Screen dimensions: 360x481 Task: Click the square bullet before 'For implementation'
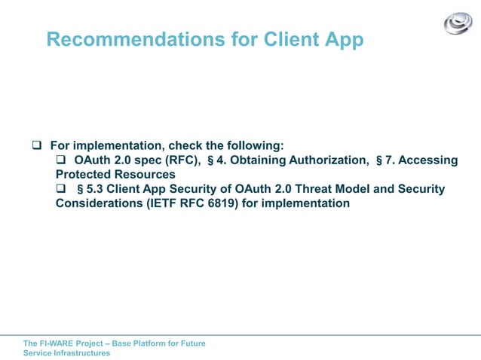[x=35, y=145]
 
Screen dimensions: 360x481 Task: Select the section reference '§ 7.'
[x=386, y=160]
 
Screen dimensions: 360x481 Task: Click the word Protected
[x=82, y=174]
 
